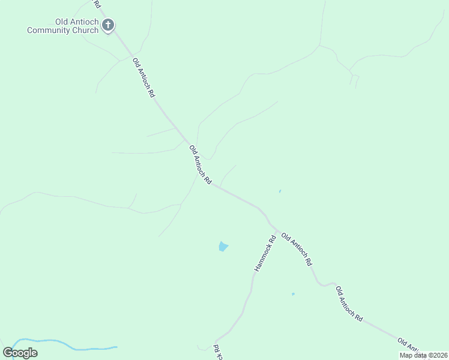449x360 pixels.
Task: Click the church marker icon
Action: pos(108,25)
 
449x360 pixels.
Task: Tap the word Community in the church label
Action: pos(49,30)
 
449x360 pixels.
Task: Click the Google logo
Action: pos(20,353)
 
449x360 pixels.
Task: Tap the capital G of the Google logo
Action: pos(8,353)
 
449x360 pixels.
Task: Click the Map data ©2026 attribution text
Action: pos(423,355)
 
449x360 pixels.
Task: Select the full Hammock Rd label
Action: pos(265,253)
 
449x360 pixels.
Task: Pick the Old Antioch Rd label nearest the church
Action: pos(144,77)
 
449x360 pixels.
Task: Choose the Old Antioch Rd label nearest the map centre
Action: pos(200,164)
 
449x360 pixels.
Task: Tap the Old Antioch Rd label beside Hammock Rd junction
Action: pos(297,250)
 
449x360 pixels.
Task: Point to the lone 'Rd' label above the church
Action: pos(97,4)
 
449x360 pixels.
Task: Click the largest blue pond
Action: pos(223,246)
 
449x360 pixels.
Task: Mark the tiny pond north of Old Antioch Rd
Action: pos(280,191)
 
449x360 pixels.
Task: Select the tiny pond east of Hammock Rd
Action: pos(293,294)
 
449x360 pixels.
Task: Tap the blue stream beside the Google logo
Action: pos(78,347)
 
